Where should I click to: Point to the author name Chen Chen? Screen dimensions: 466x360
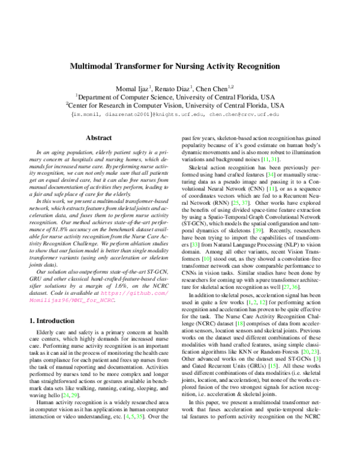pyautogui.click(x=217, y=88)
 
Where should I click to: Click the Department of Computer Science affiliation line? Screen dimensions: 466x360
pyautogui.click(x=175, y=97)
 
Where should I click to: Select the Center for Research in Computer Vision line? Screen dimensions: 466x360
pyautogui.click(x=175, y=105)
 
